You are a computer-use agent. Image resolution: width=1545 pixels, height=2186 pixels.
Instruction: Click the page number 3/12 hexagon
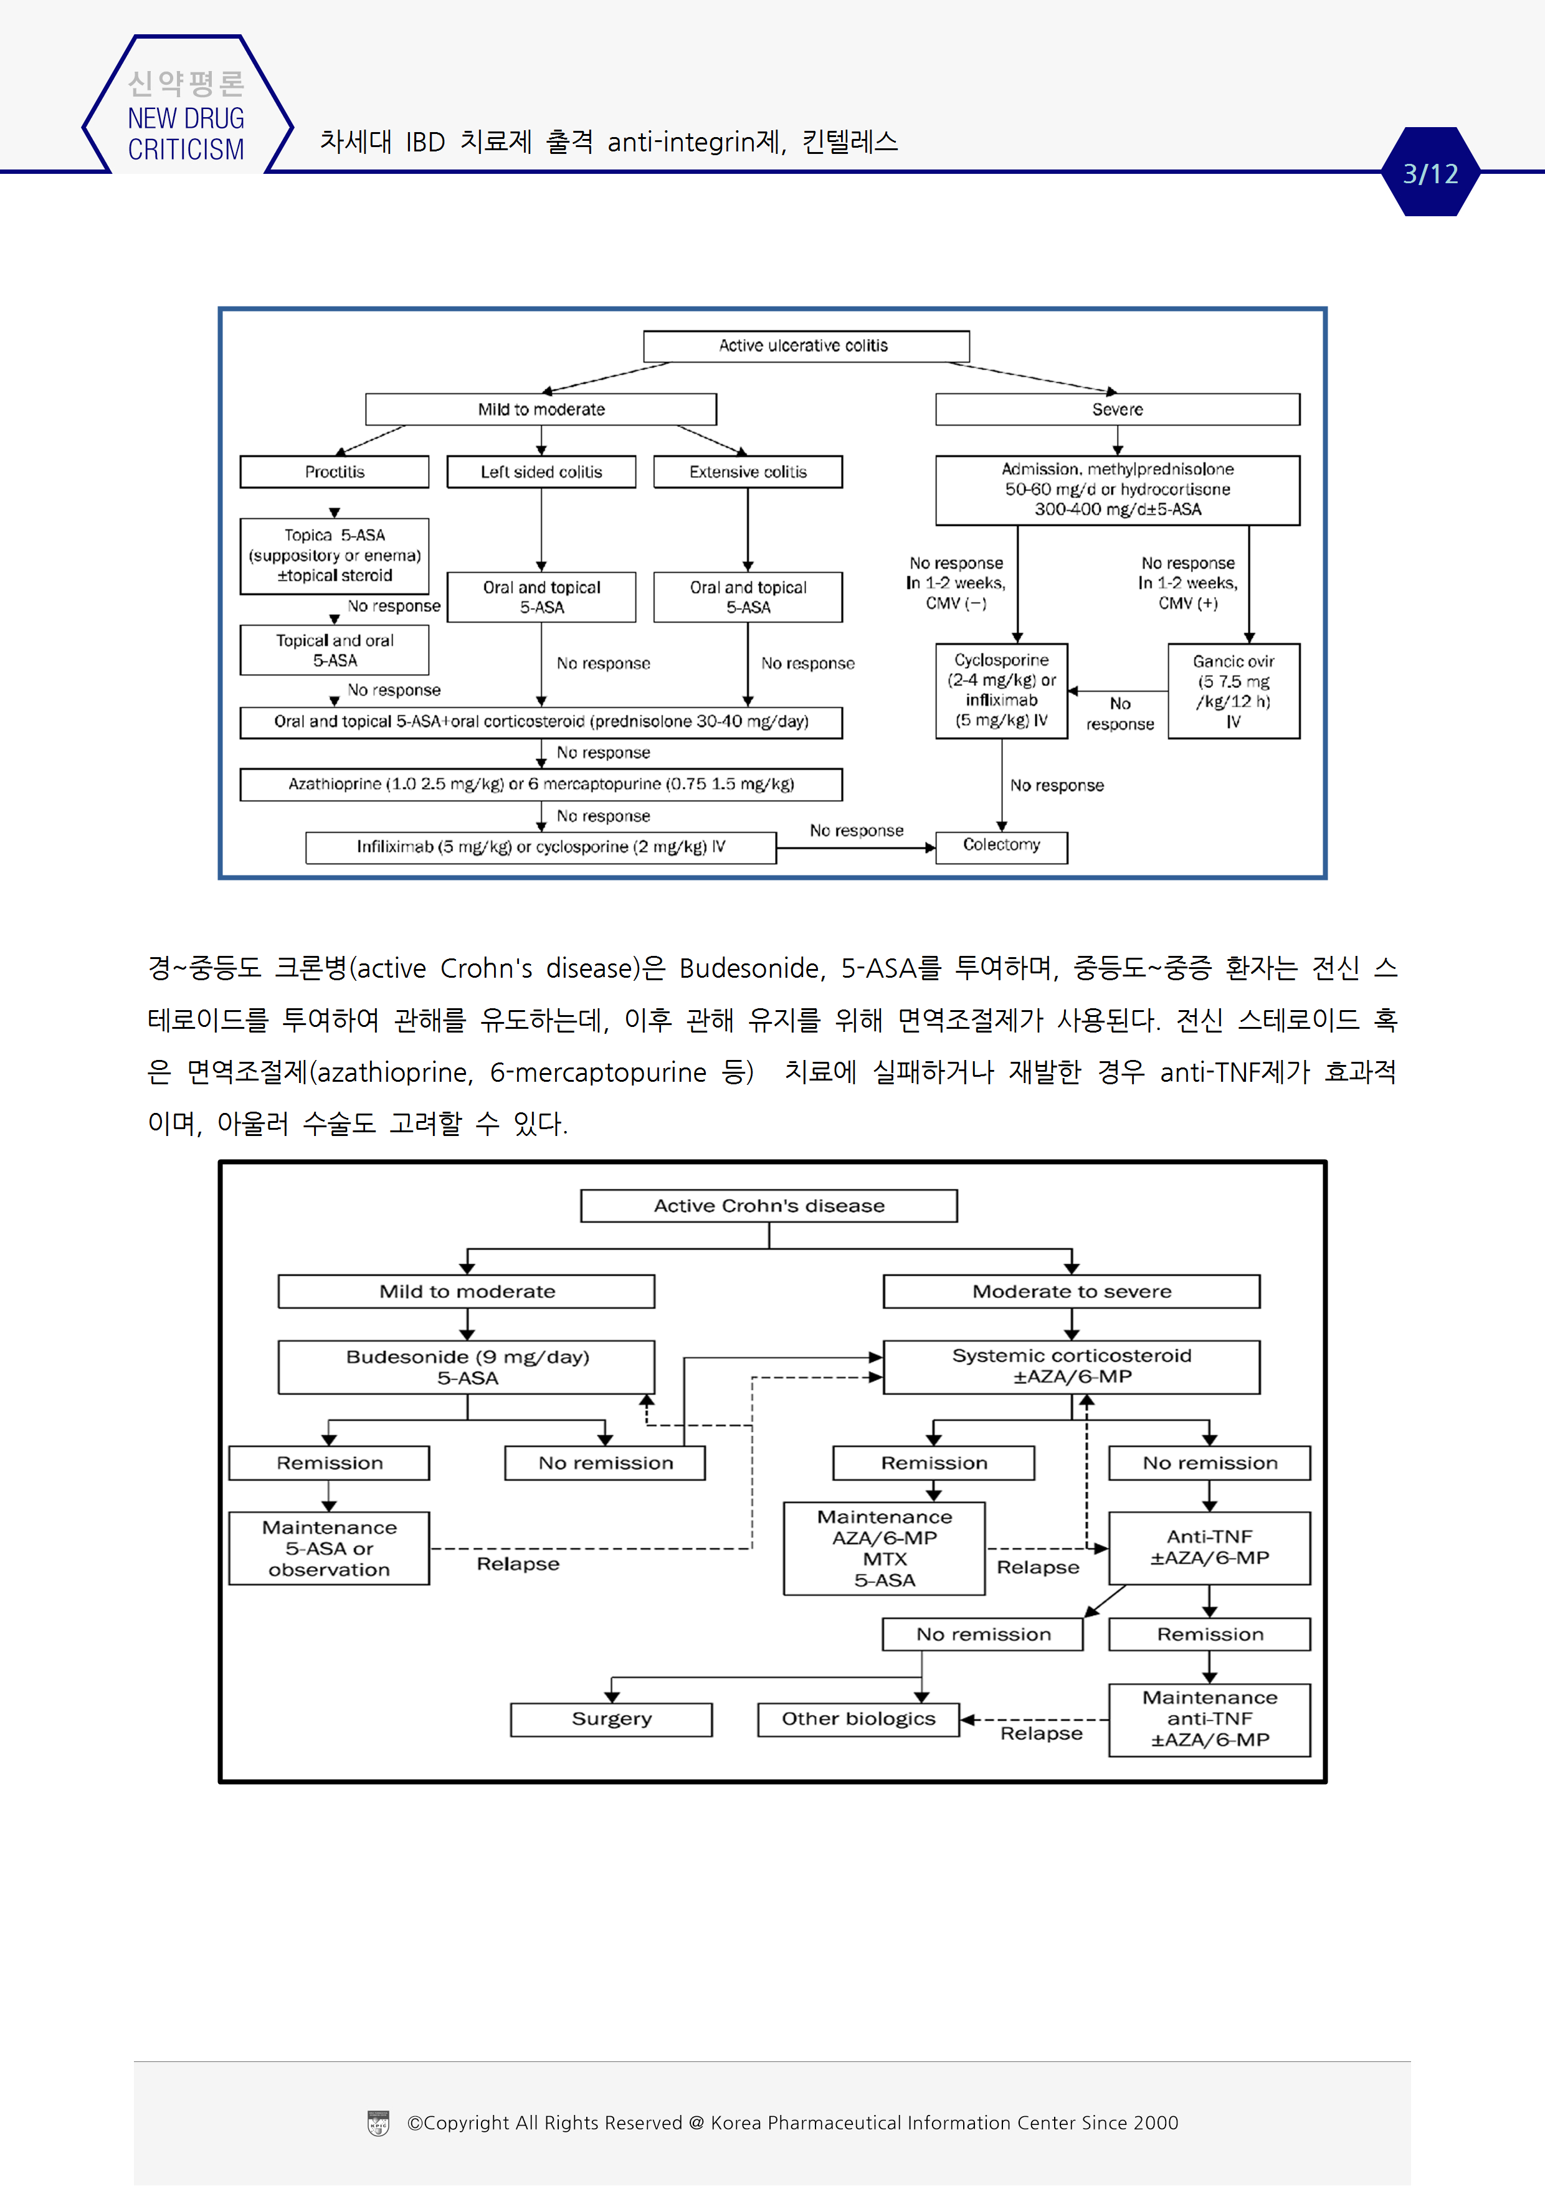[x=1430, y=173]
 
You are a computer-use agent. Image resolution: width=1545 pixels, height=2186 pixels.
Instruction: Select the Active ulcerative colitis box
[x=806, y=346]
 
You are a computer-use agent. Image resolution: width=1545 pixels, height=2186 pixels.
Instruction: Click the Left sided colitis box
[x=541, y=471]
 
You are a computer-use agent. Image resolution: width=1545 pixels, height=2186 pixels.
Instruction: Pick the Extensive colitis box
[x=748, y=471]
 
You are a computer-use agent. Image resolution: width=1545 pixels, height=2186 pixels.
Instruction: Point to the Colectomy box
[x=1001, y=846]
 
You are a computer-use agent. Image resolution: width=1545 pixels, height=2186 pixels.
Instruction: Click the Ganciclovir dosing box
[x=1233, y=691]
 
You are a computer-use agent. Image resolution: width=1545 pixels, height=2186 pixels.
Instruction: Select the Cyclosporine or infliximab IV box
[x=1001, y=690]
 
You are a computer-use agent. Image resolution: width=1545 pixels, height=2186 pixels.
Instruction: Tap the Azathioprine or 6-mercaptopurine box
[x=541, y=783]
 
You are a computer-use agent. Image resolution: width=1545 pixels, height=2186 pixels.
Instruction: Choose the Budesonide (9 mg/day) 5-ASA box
[x=467, y=1367]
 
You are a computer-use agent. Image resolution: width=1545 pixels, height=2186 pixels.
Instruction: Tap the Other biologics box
[x=858, y=1719]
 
